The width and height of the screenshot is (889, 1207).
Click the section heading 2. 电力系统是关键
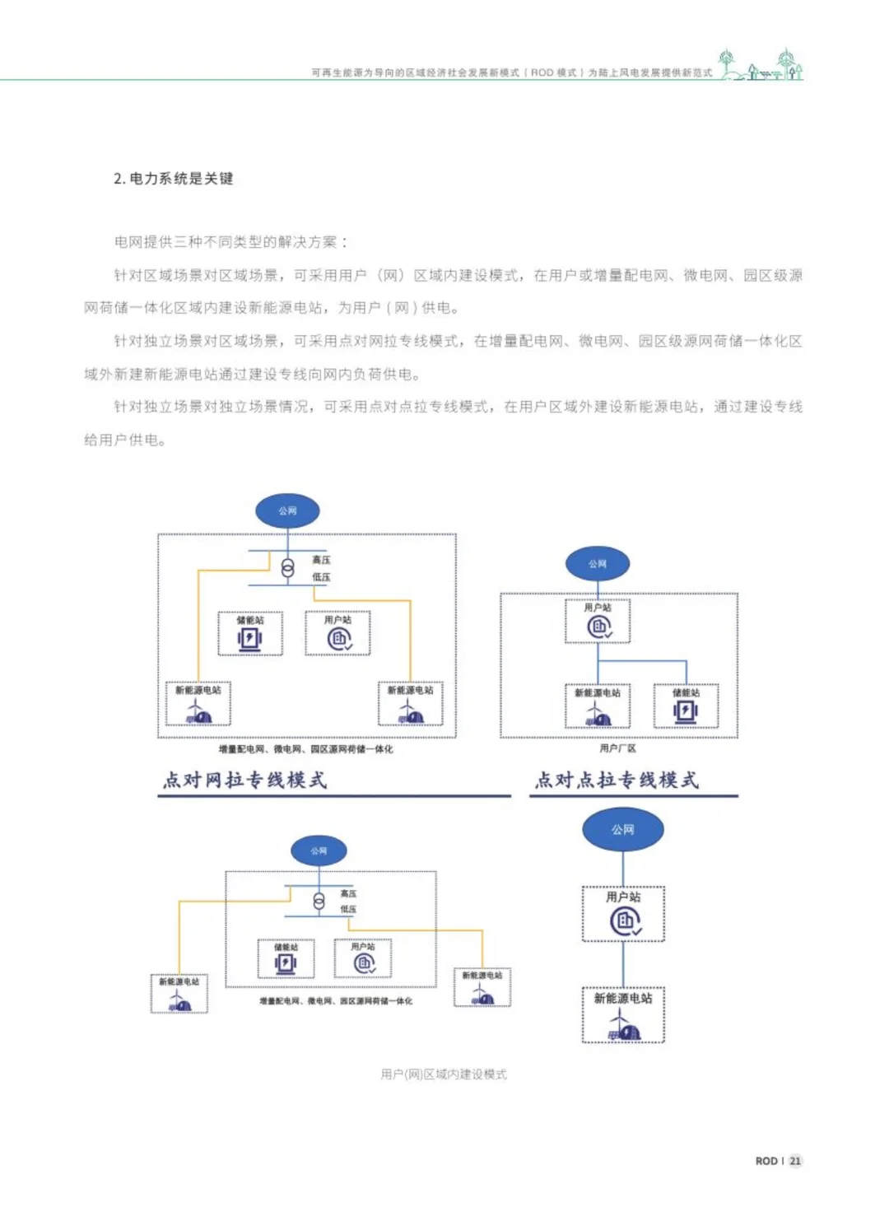(x=174, y=179)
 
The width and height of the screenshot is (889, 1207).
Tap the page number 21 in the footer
(x=794, y=1161)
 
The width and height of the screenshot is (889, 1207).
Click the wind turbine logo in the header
(x=761, y=65)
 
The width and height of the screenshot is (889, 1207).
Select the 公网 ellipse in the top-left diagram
(x=287, y=510)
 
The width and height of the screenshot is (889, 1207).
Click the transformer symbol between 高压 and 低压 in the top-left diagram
(x=287, y=569)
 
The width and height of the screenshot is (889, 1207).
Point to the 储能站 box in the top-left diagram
(x=250, y=633)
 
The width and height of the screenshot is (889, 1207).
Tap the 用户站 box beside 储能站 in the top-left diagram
(x=337, y=633)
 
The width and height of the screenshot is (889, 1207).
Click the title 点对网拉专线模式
(x=244, y=780)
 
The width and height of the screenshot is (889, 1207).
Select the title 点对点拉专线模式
(x=617, y=780)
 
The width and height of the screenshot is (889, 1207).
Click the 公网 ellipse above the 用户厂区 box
(x=598, y=564)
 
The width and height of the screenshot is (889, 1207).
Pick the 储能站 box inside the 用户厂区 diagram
(x=686, y=706)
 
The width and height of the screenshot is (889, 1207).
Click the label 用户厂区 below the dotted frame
(x=617, y=748)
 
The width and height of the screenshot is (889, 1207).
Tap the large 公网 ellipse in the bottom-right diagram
(x=623, y=830)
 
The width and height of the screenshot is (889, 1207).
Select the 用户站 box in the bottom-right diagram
(x=623, y=914)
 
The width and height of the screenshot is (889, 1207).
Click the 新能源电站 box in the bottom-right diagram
(x=623, y=1015)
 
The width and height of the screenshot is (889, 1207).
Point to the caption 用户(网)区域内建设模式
(x=444, y=1074)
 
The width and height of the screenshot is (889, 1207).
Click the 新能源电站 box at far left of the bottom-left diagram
(x=179, y=994)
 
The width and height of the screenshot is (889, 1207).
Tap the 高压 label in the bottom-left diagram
(x=348, y=893)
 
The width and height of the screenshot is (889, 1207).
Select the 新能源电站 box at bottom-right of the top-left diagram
(x=410, y=704)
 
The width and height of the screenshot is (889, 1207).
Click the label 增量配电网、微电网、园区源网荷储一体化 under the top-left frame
(x=305, y=749)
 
